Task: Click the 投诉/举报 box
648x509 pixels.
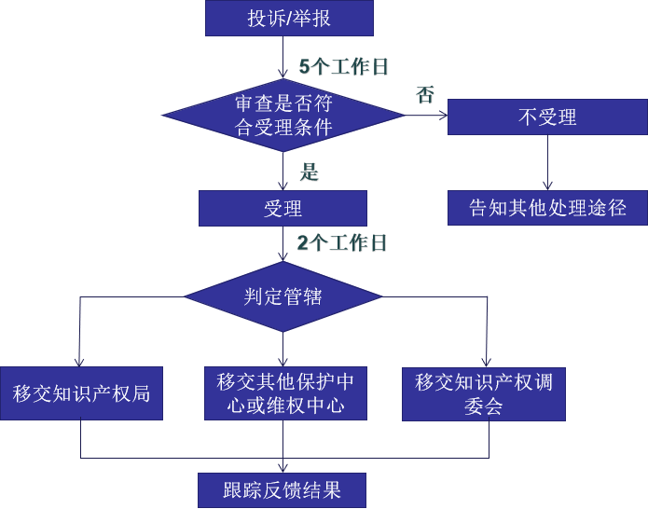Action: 289,18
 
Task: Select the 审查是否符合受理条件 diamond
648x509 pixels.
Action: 283,116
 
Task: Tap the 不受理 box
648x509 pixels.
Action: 547,117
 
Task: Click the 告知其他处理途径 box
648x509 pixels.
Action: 547,208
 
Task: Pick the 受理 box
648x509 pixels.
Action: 283,208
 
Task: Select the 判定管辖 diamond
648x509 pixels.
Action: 283,297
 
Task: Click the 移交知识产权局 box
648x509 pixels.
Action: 81,392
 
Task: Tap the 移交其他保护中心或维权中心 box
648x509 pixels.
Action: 284,392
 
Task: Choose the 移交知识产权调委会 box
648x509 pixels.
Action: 484,393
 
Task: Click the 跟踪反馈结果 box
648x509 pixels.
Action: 283,489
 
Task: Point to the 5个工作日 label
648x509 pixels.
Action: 342,67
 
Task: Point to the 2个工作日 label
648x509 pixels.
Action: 341,243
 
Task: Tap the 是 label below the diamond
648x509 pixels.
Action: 309,172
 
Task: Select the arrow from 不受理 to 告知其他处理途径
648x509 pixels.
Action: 547,163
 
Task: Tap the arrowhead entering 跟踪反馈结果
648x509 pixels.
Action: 283,467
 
